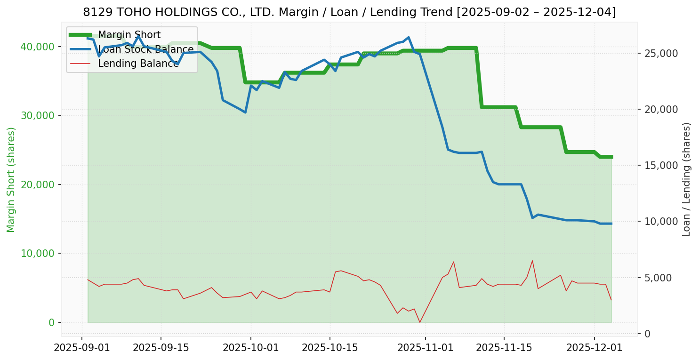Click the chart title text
point(349,12)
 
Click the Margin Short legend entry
point(129,35)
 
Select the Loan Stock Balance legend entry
point(145,49)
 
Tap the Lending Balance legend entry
point(138,64)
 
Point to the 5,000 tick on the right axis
point(659,278)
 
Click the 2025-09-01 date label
point(82,348)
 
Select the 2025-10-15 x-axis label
point(329,348)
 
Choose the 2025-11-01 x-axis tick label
point(426,348)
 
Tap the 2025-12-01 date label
point(594,348)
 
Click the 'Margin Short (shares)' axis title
point(11,180)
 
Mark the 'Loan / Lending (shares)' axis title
point(686,179)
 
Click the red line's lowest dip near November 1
point(420,322)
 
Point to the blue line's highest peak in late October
point(409,37)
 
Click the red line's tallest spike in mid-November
point(532,261)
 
